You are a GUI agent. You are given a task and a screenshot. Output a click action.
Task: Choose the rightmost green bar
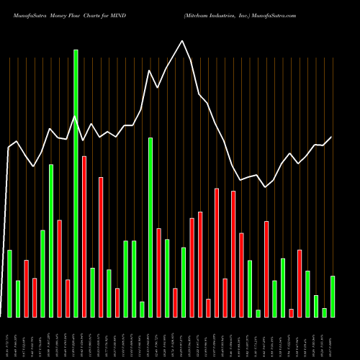pos(332,296)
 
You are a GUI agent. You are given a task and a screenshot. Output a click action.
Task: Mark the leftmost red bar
pos(26,288)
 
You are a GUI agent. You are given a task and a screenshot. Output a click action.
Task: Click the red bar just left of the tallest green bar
pos(68,298)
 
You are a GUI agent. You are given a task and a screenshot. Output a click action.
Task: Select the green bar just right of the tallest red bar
pos(92,292)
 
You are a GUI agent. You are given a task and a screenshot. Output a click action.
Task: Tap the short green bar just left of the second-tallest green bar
pos(142,309)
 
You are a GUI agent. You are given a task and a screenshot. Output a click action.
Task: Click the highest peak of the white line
pos(183,41)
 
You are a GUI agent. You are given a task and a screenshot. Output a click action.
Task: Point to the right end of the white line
pos(332,137)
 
